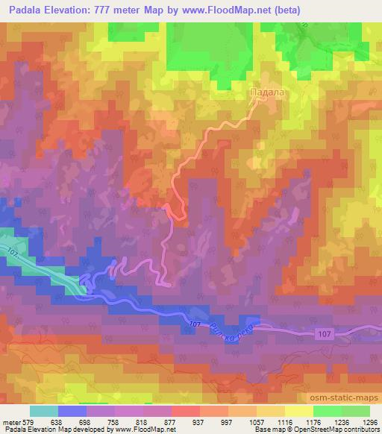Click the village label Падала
pyautogui.click(x=266, y=92)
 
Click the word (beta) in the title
pyautogui.click(x=284, y=10)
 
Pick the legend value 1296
pyautogui.click(x=361, y=421)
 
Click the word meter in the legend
pyautogui.click(x=12, y=421)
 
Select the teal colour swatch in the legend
pyautogui.click(x=44, y=411)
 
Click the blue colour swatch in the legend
pyautogui.click(x=72, y=411)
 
